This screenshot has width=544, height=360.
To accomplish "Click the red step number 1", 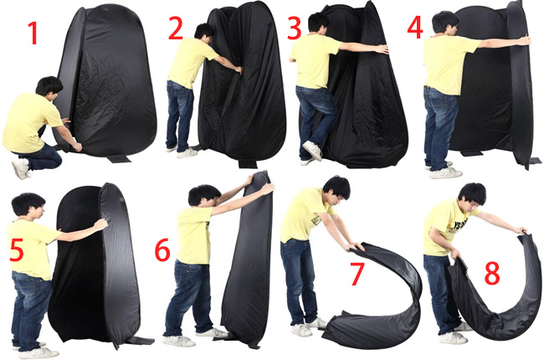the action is [33, 33].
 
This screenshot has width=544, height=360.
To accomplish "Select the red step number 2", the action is [176, 28].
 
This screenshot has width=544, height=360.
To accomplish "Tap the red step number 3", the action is [295, 28].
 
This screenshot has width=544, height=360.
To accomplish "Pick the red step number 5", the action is [17, 249].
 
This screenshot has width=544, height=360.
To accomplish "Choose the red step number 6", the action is [162, 249].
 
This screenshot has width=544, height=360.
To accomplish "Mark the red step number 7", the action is [357, 274].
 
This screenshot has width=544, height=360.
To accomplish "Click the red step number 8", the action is [492, 273].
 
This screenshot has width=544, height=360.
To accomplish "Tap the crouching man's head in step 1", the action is [49, 89].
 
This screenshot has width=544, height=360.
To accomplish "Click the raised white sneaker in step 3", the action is [312, 151].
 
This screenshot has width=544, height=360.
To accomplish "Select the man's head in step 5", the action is [28, 205].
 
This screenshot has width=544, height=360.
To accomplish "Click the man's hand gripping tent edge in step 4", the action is [526, 39].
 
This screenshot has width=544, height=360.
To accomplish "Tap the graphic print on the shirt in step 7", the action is [316, 219].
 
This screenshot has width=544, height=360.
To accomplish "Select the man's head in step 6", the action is [204, 195].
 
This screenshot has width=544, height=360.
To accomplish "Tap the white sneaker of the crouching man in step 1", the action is [21, 168].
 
